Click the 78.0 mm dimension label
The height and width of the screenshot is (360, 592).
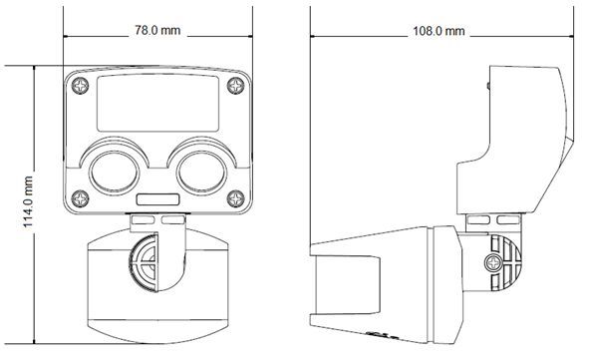[x=157, y=30]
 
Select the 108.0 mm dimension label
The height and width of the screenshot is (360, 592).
[x=439, y=31]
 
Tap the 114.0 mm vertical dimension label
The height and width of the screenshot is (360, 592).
[x=28, y=201]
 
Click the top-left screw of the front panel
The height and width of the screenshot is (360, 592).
[x=81, y=86]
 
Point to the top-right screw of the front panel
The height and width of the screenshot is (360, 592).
[x=235, y=86]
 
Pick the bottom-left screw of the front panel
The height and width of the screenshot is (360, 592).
[x=81, y=198]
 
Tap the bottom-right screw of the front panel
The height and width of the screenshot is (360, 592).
[x=235, y=198]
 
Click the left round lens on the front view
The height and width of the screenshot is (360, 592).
[x=115, y=173]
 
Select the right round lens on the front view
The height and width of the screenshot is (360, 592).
[x=201, y=173]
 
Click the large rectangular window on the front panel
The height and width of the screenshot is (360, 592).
[x=158, y=103]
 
